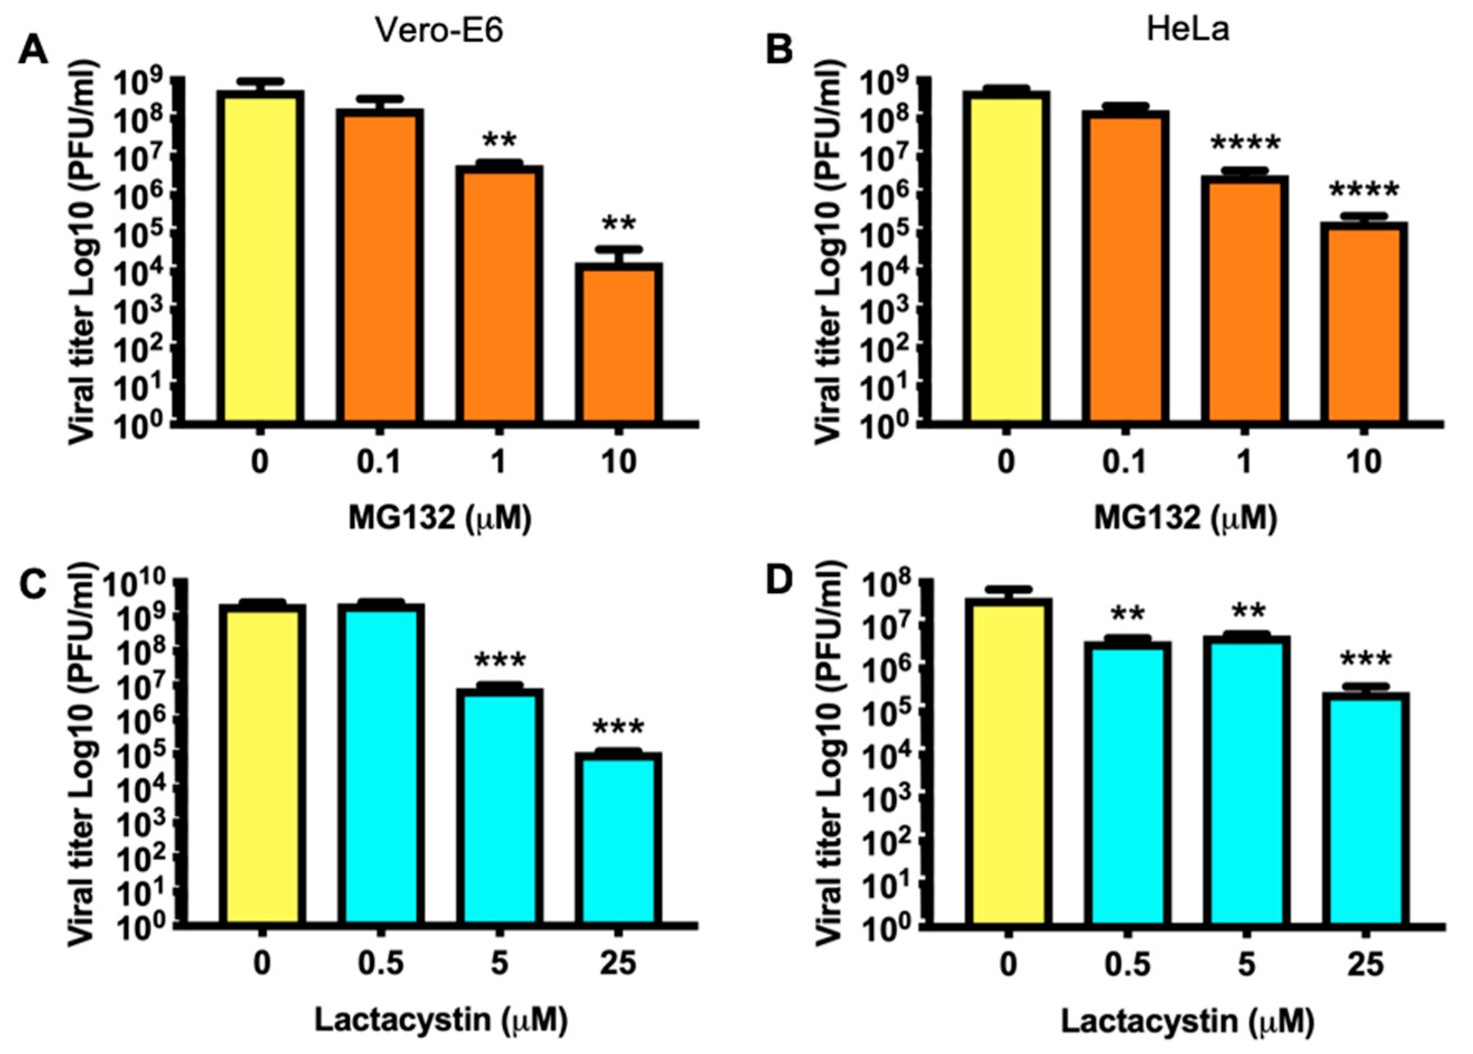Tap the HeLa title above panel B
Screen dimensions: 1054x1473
point(1187,29)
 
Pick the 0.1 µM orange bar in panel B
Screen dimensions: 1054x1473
point(1125,266)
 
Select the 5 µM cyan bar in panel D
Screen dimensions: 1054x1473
point(1245,779)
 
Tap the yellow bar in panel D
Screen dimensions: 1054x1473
point(1007,759)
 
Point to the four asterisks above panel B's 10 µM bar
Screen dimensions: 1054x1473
point(1364,191)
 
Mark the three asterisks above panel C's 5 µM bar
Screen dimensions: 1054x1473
point(500,661)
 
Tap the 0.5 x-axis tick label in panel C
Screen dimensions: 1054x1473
point(380,964)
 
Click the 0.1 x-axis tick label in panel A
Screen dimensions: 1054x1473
point(380,463)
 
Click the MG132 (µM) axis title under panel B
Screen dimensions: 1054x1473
point(1185,519)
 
